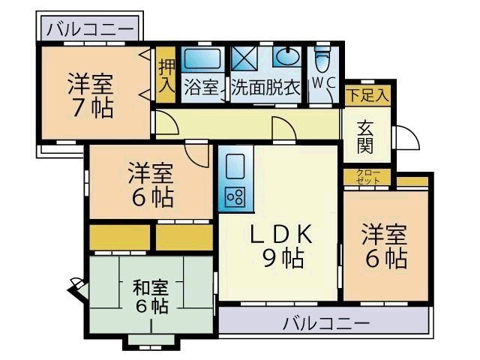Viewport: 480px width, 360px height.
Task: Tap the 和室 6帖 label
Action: point(151,296)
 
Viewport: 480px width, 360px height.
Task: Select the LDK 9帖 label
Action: point(281,246)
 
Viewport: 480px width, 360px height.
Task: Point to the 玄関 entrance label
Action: point(365,136)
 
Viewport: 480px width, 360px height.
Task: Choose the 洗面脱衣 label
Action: point(265,87)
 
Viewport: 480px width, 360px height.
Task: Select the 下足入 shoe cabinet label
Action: point(367,95)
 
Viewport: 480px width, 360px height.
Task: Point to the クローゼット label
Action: point(367,178)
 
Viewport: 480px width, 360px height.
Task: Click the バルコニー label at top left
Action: point(89,30)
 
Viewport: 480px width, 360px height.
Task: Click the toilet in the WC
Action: point(322,58)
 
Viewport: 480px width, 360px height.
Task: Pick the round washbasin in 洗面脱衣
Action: point(287,57)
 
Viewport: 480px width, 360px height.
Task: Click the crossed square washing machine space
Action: point(244,58)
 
